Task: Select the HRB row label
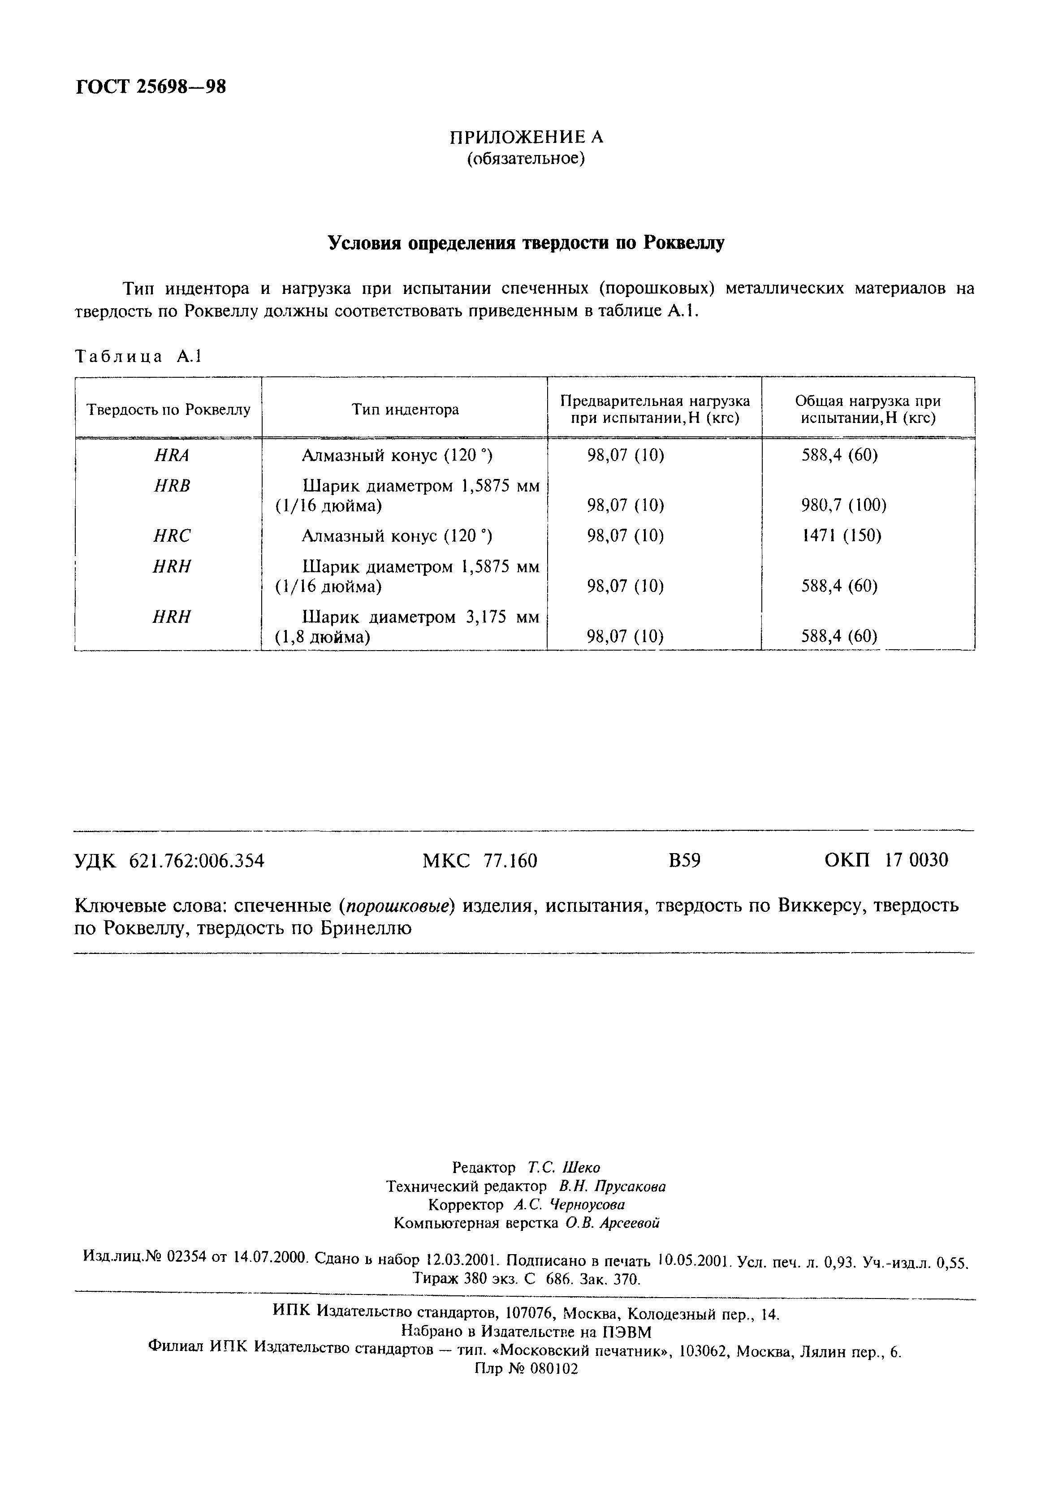tap(171, 486)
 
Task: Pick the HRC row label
tap(171, 536)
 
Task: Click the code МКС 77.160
tap(479, 861)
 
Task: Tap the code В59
tap(684, 861)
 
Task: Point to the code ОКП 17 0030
tap(886, 861)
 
